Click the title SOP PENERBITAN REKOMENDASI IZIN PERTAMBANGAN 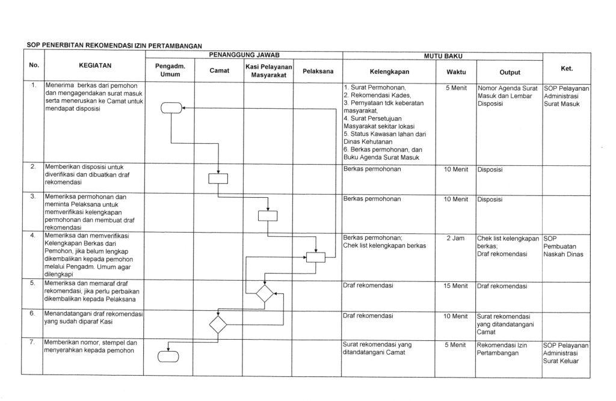tap(114, 45)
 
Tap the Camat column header tap(218, 71)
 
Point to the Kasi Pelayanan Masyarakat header tap(268, 71)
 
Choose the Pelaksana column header tap(318, 71)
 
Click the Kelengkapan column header tap(389, 71)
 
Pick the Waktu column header tap(455, 71)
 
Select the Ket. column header tap(565, 68)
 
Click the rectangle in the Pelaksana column tap(315, 257)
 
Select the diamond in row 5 tap(264, 294)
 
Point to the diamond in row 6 tap(218, 324)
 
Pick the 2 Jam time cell tap(455, 239)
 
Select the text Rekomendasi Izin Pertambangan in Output tap(501, 349)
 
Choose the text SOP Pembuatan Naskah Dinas tap(559, 246)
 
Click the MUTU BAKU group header tap(442, 55)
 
